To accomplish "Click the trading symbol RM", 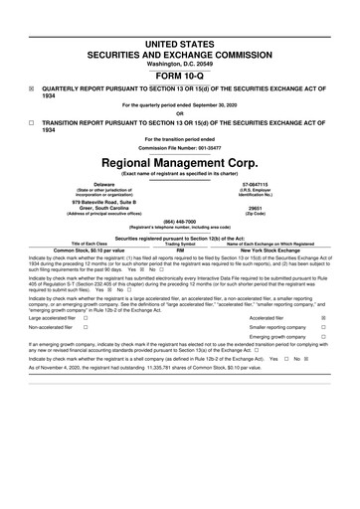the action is tap(180, 249).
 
